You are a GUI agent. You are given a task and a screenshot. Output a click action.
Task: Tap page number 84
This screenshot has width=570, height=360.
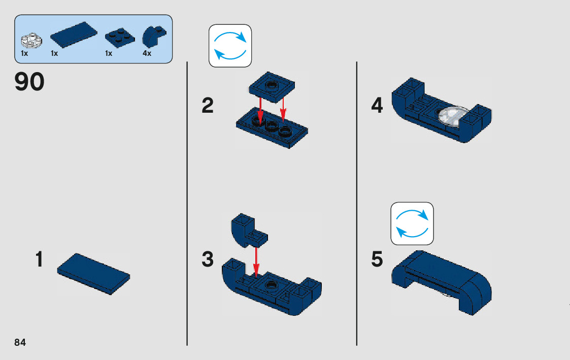pos(20,342)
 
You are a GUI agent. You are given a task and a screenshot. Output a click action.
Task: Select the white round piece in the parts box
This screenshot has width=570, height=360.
pos(31,41)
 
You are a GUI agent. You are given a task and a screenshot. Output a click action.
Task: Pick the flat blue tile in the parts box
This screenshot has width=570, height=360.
pos(74,35)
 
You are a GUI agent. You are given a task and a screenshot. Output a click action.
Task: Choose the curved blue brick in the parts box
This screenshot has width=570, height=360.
pos(154,37)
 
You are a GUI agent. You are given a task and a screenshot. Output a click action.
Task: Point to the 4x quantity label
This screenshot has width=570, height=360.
pos(147,53)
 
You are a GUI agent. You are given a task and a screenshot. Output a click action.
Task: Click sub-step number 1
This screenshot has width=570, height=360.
pos(39,259)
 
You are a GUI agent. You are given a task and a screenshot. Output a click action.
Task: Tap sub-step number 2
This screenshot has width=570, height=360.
pos(208,106)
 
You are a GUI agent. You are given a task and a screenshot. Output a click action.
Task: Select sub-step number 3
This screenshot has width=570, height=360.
pos(208,259)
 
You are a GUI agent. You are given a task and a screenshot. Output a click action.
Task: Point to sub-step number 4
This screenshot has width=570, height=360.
pos(377,106)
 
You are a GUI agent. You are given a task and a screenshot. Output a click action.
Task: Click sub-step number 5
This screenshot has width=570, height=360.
pos(377,259)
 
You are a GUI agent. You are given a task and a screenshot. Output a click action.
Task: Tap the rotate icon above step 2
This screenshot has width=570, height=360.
pos(230,46)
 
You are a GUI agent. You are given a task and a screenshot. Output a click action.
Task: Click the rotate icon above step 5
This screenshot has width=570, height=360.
pos(412,223)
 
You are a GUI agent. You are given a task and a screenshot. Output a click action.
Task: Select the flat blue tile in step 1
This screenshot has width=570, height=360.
pos(93,274)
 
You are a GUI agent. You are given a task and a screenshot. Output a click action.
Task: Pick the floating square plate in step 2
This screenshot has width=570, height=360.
pos(272,88)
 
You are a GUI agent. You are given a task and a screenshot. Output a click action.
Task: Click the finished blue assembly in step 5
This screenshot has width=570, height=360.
pos(442,282)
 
